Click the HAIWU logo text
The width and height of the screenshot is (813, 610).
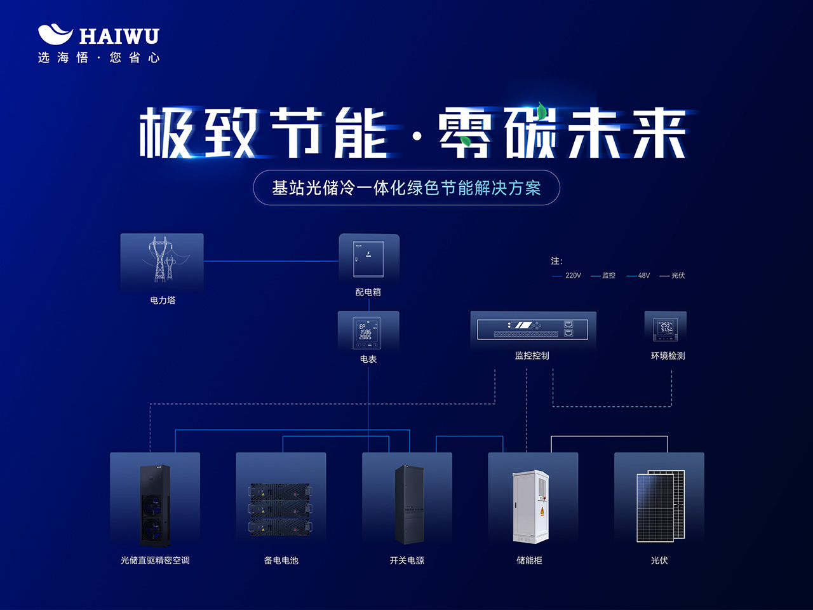click(x=119, y=36)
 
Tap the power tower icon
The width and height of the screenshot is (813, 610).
click(x=161, y=259)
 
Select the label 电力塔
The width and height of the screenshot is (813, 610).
click(x=163, y=301)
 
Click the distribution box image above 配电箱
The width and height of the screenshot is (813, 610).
click(x=368, y=259)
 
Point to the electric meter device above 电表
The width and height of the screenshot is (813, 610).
click(x=367, y=332)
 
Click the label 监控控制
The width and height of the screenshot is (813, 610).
click(x=532, y=356)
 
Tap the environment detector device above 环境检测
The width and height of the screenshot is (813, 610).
click(x=665, y=328)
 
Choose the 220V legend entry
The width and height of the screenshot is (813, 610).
click(x=567, y=276)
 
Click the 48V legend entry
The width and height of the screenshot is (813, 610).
click(x=639, y=276)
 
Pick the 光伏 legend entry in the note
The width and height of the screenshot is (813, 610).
click(x=673, y=276)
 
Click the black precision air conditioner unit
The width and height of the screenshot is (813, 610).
click(x=155, y=506)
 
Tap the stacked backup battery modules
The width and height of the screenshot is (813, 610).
click(x=280, y=509)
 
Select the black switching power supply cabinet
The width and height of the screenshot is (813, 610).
click(x=408, y=505)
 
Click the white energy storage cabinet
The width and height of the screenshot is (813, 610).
click(x=531, y=506)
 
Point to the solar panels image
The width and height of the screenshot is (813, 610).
click(x=661, y=506)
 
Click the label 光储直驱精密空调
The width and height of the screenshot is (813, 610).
click(x=155, y=560)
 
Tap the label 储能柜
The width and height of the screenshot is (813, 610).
click(x=530, y=560)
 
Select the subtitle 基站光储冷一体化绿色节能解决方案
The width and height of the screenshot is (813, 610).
click(x=406, y=188)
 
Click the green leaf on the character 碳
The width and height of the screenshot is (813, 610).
click(x=541, y=111)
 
